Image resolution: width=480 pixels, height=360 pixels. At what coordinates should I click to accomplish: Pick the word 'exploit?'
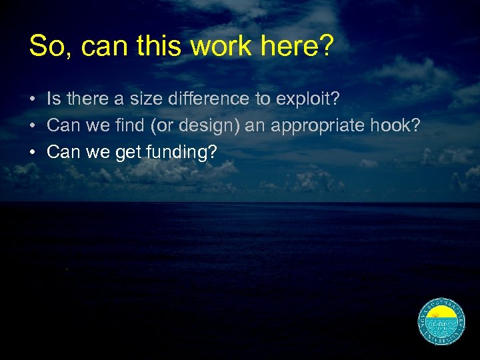307,100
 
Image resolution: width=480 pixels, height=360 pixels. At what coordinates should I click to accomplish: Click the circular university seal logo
441,322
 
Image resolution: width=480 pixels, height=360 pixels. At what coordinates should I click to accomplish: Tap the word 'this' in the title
157,46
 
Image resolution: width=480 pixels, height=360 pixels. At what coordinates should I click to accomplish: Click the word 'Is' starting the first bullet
53,99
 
